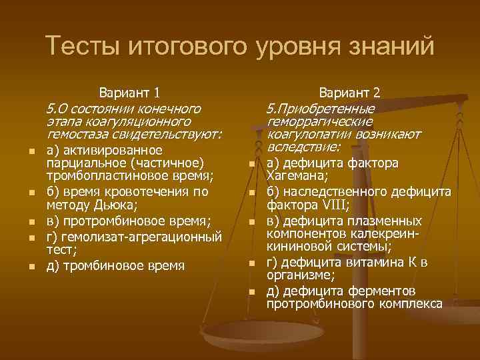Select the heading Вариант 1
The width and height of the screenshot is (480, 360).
coord(129,92)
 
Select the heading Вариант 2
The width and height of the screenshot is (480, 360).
coord(349,92)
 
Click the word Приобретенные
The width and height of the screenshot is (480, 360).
coord(327,108)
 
